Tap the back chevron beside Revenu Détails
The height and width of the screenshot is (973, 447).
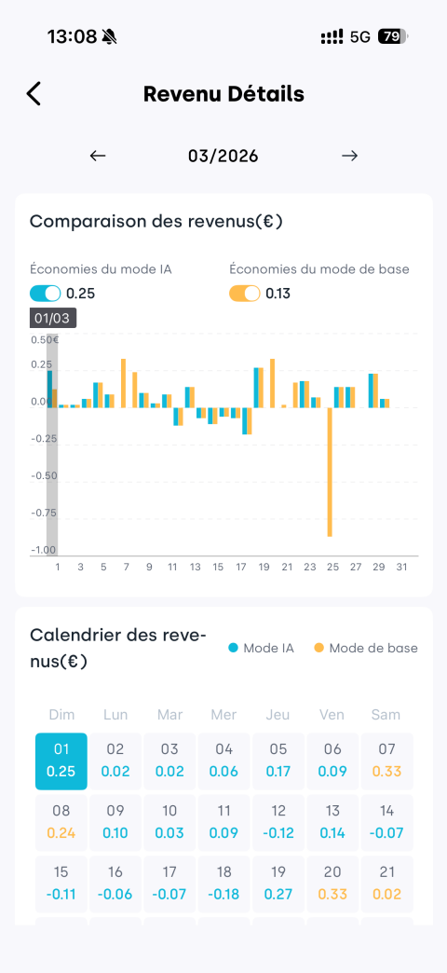click(34, 94)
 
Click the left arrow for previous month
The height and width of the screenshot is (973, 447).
click(98, 156)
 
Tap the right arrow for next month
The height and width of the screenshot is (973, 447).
click(349, 156)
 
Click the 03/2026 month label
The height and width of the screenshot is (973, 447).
click(223, 156)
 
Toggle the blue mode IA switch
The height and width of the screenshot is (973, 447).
click(46, 294)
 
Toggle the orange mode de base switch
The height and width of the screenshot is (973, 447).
click(245, 294)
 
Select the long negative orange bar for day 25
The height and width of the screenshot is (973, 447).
click(330, 472)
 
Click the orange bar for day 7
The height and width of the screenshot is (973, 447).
click(123, 383)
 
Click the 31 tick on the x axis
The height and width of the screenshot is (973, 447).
click(401, 568)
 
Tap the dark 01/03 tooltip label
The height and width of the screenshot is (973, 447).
click(53, 319)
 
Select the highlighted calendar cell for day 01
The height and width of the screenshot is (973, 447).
click(61, 761)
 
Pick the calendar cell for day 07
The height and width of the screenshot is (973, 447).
click(386, 761)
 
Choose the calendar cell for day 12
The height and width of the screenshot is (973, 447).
click(278, 823)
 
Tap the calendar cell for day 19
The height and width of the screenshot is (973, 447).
click(278, 884)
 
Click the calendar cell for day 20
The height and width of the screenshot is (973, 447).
click(332, 884)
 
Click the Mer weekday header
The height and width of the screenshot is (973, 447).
click(223, 715)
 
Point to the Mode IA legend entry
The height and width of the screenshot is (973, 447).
click(261, 649)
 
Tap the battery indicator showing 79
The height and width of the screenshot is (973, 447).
click(393, 36)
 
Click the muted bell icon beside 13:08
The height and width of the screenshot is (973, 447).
click(110, 36)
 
